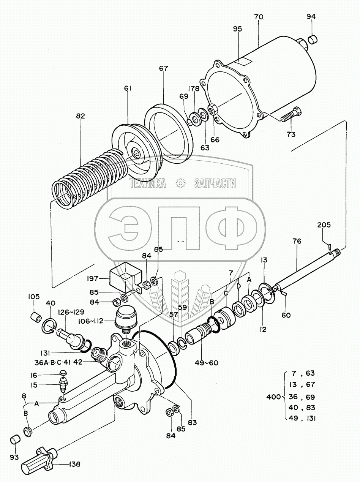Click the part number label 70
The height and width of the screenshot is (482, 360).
pyautogui.click(x=259, y=17)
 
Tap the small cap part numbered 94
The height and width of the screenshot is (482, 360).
pyautogui.click(x=312, y=39)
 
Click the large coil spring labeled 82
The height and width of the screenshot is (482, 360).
pyautogui.click(x=87, y=175)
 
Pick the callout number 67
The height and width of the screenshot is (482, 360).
pyautogui.click(x=163, y=68)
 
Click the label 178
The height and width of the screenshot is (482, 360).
pyautogui.click(x=194, y=89)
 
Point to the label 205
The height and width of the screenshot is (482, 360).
pyautogui.click(x=324, y=225)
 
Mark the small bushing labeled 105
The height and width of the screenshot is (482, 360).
pyautogui.click(x=35, y=316)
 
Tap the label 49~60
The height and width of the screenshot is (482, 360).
pyautogui.click(x=208, y=362)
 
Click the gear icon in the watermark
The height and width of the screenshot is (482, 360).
pyautogui.click(x=180, y=183)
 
